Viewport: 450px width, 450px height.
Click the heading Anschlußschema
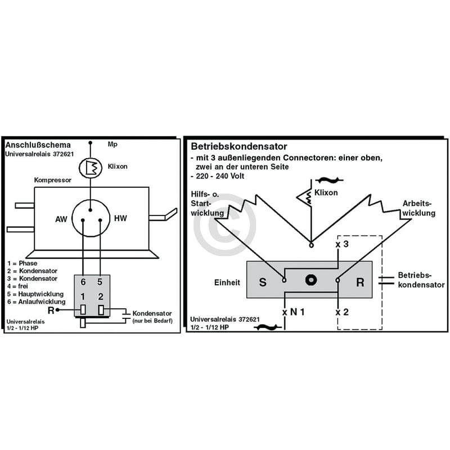tap(38, 145)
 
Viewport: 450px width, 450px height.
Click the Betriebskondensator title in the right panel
tap(238, 146)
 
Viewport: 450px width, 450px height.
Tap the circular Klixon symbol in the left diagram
tap(91, 168)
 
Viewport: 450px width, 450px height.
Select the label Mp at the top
tap(112, 145)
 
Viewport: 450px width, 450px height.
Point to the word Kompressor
tap(52, 180)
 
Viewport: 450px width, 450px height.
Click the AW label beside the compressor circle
tap(61, 219)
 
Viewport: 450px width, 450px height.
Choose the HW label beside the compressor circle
tap(120, 218)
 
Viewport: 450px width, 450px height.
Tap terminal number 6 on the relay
tap(83, 282)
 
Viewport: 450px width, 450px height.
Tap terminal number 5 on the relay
tap(100, 282)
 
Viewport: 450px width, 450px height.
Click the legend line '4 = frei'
tap(18, 286)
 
